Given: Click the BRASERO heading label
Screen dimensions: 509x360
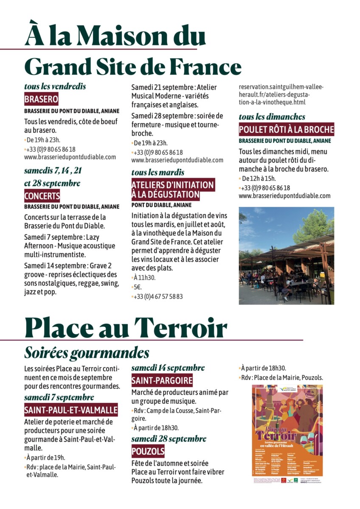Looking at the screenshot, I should tap(41, 100).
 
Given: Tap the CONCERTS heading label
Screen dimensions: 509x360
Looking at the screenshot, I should tap(42, 196).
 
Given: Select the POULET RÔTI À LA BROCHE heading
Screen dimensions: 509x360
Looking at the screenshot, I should tap(287, 129).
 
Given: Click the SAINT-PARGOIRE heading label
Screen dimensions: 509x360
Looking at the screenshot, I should tap(162, 380).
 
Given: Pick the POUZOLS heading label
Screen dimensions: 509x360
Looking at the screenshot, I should tap(148, 451).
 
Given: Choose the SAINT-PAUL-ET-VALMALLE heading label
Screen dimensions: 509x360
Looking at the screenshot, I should tap(71, 410).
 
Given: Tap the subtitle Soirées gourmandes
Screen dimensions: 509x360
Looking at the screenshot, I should tap(87, 352).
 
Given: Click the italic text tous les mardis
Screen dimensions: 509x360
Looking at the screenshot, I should tap(157, 172).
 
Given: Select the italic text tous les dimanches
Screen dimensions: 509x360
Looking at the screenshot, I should tap(272, 117).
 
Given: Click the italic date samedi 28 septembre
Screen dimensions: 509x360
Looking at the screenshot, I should tap(169, 439).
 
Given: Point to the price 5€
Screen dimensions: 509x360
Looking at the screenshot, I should tap(138, 287).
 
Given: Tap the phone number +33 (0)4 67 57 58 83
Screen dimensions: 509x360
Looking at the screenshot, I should tap(158, 296).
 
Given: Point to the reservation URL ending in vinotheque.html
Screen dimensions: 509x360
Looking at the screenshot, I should tap(275, 95).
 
